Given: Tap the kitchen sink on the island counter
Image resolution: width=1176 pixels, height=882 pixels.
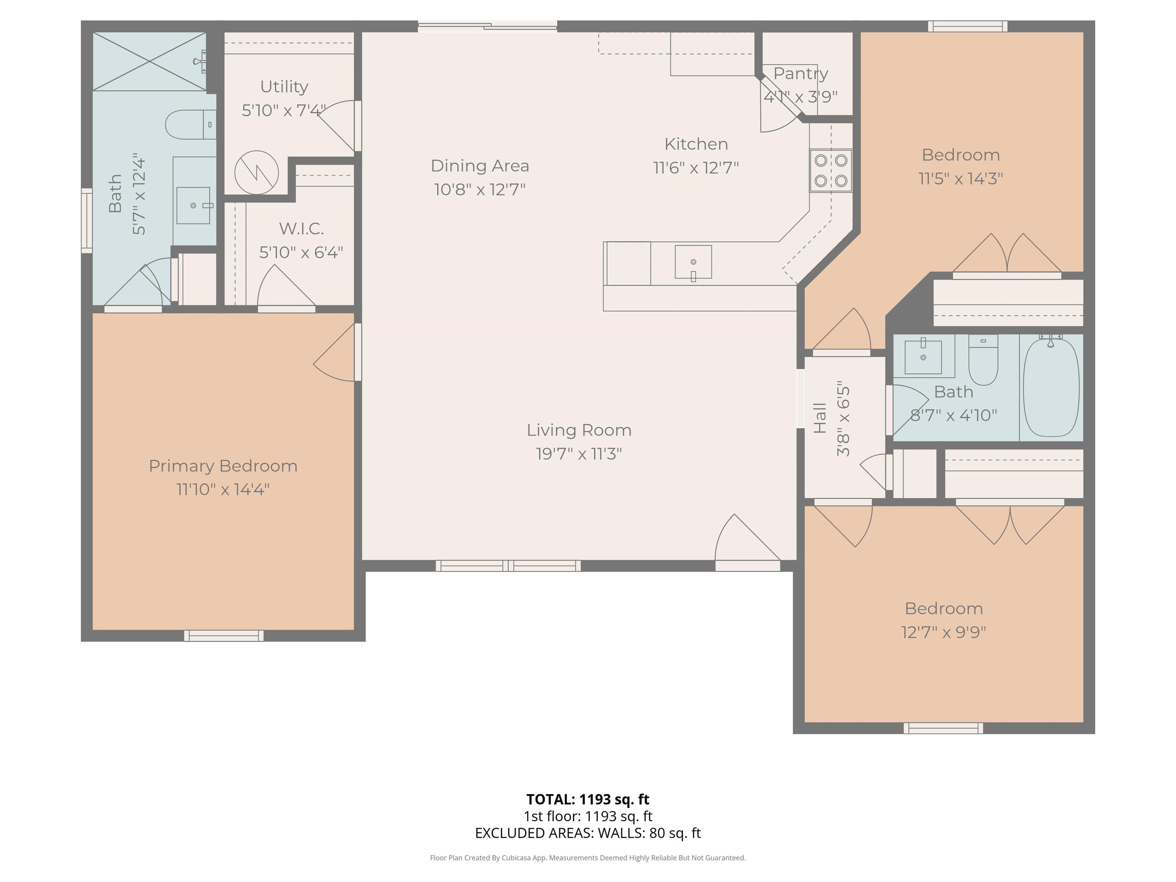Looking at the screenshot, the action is tap(693, 261).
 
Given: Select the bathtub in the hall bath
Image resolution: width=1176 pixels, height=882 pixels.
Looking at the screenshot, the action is tap(1051, 387).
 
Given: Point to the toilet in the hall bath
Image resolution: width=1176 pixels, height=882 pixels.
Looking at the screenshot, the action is tap(983, 359).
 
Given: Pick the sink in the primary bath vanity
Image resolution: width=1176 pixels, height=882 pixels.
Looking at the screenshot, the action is tap(193, 205).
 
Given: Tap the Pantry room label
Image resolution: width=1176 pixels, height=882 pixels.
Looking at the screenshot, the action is tap(801, 74).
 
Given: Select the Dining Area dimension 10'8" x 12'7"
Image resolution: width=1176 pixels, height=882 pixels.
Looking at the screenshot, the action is tap(480, 189).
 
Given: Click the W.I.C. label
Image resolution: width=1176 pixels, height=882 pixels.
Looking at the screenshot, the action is tap(301, 229).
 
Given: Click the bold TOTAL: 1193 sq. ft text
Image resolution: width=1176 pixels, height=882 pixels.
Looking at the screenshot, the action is tap(588, 799).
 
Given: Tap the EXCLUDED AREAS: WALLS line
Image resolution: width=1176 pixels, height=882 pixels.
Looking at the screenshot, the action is tap(588, 833).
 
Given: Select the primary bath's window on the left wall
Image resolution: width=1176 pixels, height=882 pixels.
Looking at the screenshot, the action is tap(87, 220).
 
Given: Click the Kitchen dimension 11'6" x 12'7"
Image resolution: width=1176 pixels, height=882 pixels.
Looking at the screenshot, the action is tap(696, 167).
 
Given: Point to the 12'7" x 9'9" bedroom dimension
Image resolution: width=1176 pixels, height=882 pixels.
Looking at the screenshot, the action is tap(944, 632).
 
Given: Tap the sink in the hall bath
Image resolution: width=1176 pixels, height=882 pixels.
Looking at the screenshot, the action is tap(923, 356).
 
